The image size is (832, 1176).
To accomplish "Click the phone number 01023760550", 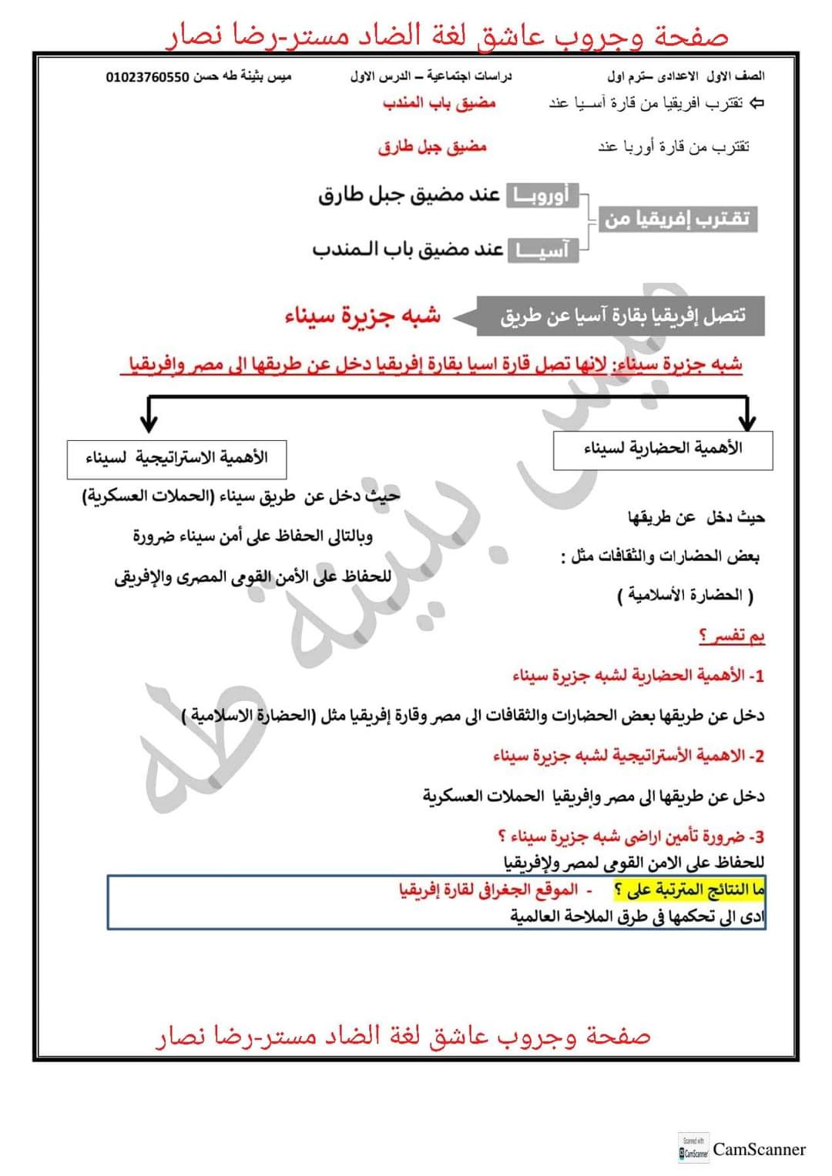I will pos(147,77).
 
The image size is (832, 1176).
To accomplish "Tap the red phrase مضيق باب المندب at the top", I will pos(439,103).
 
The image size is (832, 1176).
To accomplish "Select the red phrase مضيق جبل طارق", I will pos(432,146).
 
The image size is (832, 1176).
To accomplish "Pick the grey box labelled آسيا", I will pos(543,250).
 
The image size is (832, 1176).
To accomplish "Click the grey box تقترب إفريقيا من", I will pos(677,219).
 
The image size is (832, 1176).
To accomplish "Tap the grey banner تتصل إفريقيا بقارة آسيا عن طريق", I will pos(622,316).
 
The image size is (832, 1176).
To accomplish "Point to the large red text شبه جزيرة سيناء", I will pos(363,316).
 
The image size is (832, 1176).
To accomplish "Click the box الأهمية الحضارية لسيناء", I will pos(663,449).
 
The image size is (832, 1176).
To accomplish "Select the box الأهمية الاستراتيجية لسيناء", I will pos(177,459).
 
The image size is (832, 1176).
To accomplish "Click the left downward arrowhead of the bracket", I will pos(149,422).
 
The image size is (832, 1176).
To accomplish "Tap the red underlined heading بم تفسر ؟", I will pos(732,636).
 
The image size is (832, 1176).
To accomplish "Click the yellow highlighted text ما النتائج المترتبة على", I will pos(689,890).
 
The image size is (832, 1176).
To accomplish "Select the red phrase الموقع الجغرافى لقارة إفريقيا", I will pos(488,890).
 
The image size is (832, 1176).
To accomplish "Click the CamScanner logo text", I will pos(759,1150).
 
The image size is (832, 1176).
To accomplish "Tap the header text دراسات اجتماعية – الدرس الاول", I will pos(431,77).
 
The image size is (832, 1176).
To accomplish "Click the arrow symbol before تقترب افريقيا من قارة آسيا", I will pos(757,103).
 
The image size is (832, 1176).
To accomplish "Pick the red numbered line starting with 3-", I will pos(631,837).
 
